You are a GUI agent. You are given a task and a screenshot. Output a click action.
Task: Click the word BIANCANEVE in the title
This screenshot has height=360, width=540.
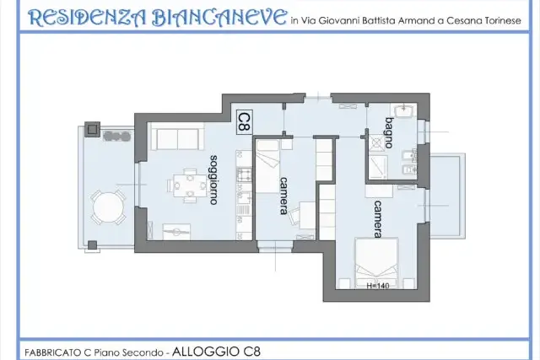click(219, 18)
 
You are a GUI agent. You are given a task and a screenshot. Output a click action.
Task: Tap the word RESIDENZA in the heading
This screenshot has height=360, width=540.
click(87, 19)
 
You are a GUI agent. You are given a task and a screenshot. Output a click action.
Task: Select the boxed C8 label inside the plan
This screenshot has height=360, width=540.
click(245, 122)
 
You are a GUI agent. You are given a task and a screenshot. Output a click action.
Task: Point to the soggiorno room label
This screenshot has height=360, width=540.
click(213, 180)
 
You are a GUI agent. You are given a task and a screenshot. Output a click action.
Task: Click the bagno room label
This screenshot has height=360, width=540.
click(389, 133)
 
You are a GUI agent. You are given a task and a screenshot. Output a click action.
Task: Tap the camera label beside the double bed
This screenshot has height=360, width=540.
click(378, 219)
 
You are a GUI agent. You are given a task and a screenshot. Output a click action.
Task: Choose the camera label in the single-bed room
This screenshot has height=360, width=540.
click(283, 196)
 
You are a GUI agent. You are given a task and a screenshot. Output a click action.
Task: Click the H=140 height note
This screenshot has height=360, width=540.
click(378, 286)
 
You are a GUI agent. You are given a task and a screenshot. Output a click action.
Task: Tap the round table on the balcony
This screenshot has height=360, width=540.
click(108, 208)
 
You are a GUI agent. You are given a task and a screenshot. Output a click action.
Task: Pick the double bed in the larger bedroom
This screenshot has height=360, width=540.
click(377, 263)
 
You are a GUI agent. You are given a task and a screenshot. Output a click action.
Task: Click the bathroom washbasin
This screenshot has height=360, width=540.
click(402, 110)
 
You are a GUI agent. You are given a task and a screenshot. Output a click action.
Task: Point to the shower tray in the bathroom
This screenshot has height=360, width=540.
click(378, 167)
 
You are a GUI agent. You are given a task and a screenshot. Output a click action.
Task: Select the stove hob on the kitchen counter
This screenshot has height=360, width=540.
click(245, 175)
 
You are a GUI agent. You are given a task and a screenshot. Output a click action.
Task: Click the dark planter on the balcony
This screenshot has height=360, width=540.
click(117, 137)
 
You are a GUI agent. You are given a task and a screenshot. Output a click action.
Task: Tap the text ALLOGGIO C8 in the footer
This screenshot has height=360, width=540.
click(216, 352)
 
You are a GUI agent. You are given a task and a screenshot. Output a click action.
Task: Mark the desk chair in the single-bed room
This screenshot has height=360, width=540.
click(294, 217)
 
